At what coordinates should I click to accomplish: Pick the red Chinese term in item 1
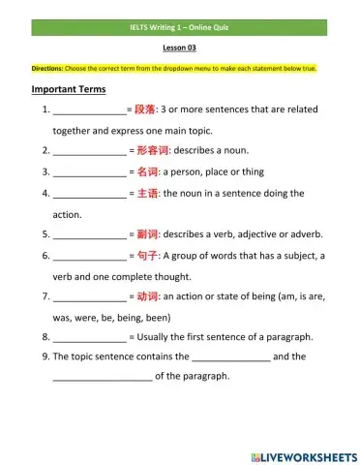[x=144, y=110]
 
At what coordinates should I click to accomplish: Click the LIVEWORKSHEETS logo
[x=303, y=455]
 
